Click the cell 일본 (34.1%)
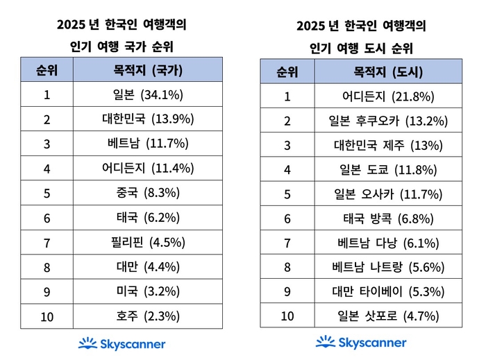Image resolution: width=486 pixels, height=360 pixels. click(148, 94)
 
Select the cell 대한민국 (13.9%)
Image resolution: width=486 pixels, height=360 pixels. click(148, 119)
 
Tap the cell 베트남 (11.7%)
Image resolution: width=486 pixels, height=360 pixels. click(148, 144)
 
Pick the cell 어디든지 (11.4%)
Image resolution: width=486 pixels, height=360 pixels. click(148, 168)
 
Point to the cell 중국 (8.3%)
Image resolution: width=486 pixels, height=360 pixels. click(148, 193)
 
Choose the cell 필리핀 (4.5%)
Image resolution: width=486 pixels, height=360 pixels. click(148, 242)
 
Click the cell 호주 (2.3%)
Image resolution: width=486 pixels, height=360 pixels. click(148, 316)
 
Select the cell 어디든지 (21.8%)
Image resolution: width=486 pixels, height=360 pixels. click(388, 96)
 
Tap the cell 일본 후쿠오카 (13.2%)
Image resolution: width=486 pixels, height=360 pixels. click(388, 121)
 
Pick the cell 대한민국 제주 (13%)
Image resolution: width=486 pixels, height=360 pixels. click(388, 145)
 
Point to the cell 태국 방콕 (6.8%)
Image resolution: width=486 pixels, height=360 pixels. click(388, 218)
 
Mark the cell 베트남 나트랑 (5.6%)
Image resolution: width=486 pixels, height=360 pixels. click(388, 267)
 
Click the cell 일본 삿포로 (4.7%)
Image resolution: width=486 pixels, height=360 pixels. click(388, 316)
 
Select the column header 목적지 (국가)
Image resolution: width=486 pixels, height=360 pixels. click(148, 69)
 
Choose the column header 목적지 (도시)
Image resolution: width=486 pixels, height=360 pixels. click(388, 71)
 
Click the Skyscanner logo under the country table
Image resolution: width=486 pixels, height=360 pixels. click(121, 343)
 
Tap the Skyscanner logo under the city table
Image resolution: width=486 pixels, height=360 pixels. click(361, 342)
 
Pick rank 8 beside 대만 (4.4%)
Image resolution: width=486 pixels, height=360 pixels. click(47, 267)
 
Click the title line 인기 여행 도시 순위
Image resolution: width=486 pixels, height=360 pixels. click(360, 49)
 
